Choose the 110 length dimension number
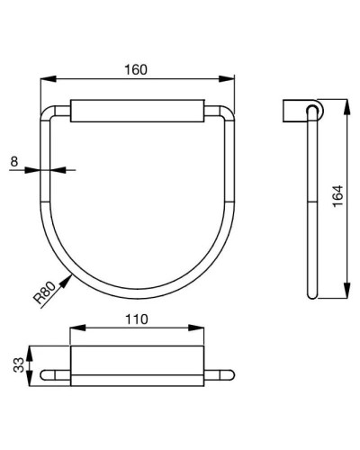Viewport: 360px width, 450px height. [x=137, y=320]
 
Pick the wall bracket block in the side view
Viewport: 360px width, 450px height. [x=293, y=111]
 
